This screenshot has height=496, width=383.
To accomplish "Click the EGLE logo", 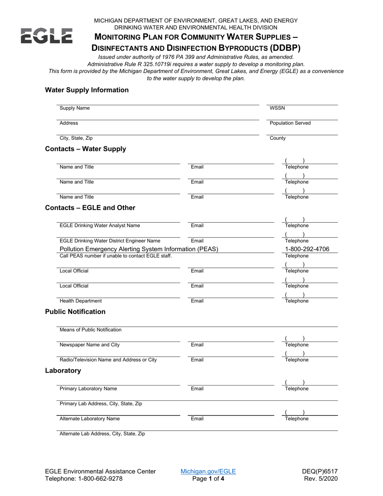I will (x=46, y=36).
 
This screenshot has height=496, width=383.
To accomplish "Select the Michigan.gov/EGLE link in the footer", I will (x=208, y=471).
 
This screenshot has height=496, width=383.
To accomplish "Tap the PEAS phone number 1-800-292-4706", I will (x=307, y=249).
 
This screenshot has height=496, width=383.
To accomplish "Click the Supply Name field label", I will (x=75, y=108).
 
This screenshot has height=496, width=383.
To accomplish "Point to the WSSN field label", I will (x=277, y=108).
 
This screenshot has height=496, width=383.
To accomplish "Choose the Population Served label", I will (x=290, y=123).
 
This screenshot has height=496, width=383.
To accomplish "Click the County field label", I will (x=277, y=138).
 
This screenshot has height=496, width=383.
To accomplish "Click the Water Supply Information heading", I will (x=87, y=90).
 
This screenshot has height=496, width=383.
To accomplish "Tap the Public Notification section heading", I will (x=75, y=312).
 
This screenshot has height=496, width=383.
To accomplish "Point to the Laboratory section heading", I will (x=63, y=371).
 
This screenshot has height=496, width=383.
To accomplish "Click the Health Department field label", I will (x=81, y=301).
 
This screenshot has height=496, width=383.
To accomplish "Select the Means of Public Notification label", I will (x=90, y=330).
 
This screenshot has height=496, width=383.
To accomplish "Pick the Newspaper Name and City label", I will (x=90, y=345).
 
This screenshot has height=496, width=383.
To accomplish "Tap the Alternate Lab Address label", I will (x=102, y=434).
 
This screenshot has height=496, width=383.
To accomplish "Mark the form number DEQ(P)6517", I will (x=320, y=471).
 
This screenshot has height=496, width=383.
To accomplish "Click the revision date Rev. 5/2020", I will (x=321, y=479).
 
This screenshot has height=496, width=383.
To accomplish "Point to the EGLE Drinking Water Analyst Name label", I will (x=100, y=225).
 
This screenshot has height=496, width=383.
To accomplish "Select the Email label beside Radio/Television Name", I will (x=197, y=360).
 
